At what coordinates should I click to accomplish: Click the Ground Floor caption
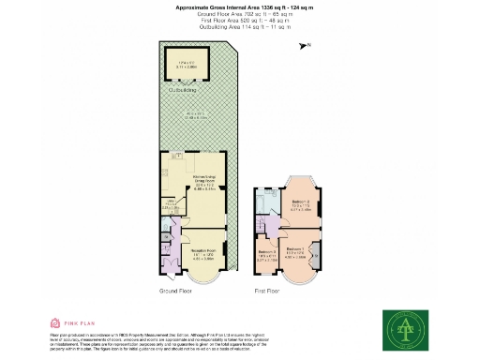[176, 292]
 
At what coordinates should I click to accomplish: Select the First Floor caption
[267, 292]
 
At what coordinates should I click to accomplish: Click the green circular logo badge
[405, 326]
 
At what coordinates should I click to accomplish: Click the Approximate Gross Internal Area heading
[240, 6]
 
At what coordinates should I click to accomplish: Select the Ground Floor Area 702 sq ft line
[240, 13]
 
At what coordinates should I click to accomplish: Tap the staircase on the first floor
[259, 228]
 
